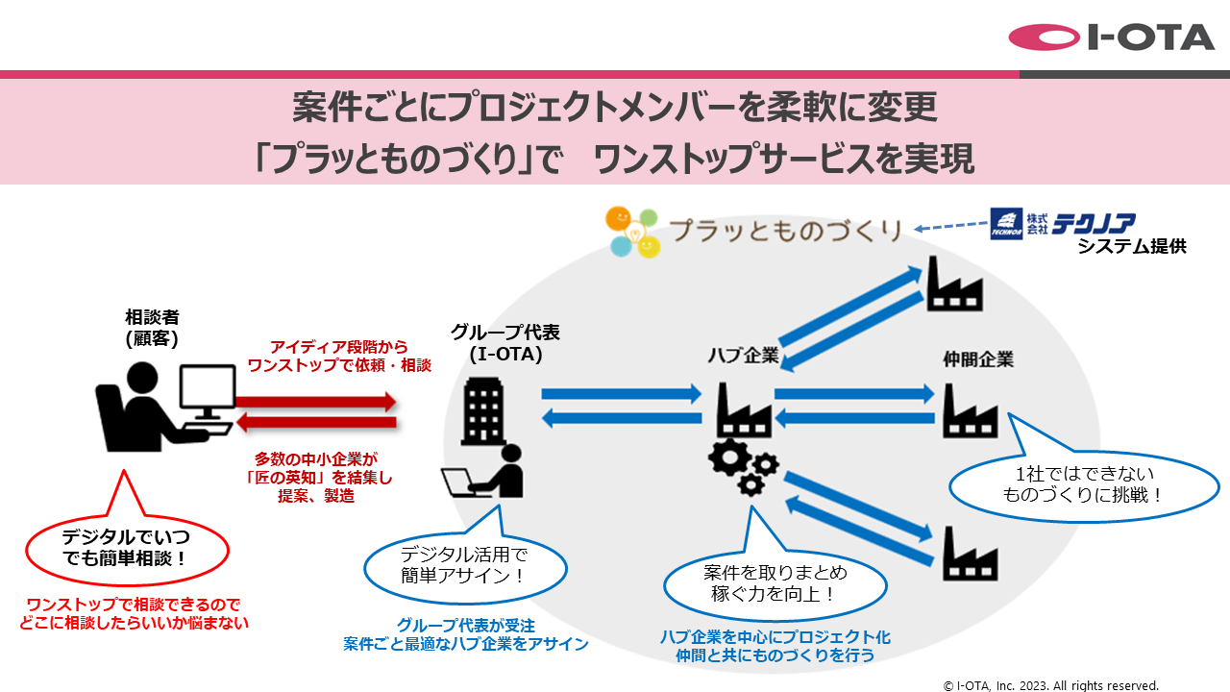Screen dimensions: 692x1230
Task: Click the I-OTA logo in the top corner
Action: tap(1112, 37)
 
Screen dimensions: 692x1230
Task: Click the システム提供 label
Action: tap(1131, 247)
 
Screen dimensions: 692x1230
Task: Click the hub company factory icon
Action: tap(744, 409)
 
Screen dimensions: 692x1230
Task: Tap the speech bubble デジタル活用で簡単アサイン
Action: tap(464, 565)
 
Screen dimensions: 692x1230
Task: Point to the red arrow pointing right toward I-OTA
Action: tap(316, 399)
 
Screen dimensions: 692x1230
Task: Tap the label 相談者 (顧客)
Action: tap(152, 327)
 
